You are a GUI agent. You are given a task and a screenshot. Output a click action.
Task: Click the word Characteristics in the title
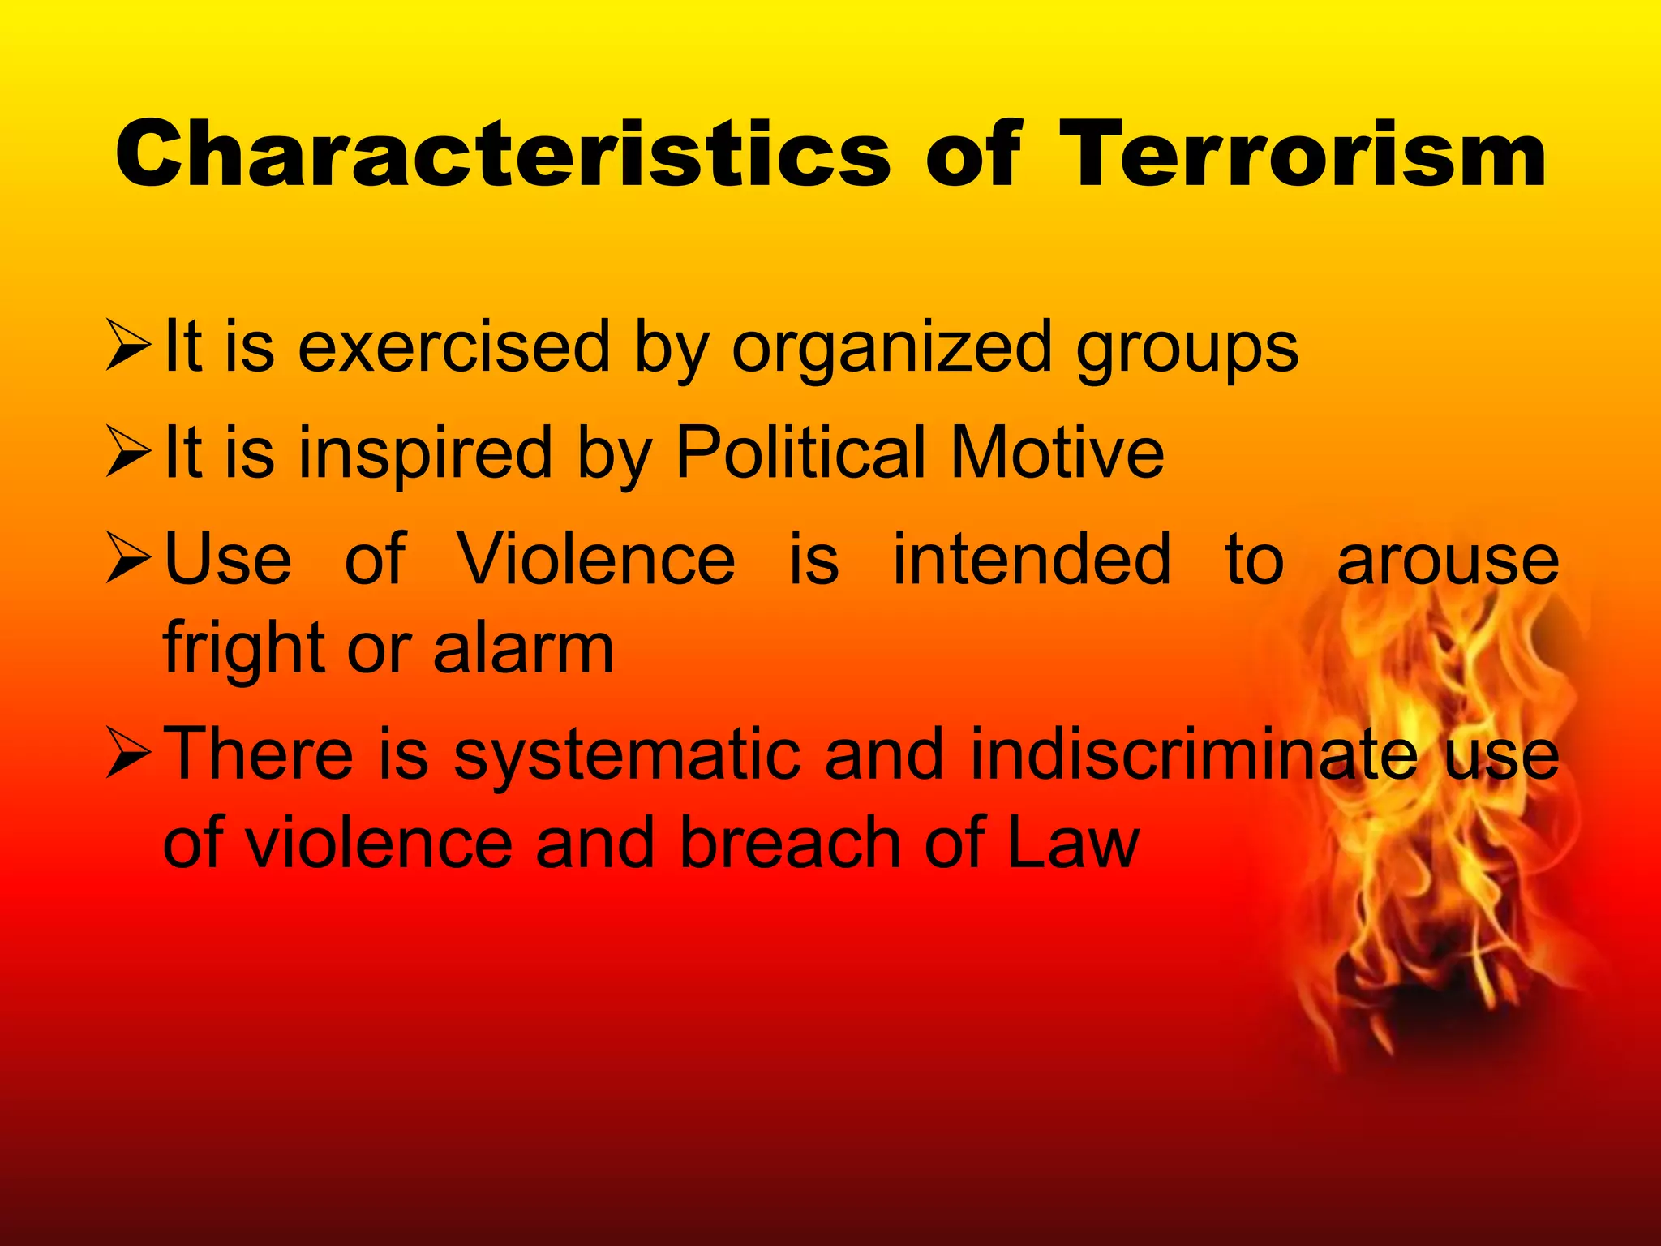point(503,154)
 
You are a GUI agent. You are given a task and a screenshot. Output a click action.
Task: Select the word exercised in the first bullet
point(454,347)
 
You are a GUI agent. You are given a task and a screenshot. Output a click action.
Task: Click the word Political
point(800,453)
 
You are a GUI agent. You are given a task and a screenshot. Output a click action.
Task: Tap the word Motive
point(1058,453)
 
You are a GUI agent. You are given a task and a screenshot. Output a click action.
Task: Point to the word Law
point(1074,844)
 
